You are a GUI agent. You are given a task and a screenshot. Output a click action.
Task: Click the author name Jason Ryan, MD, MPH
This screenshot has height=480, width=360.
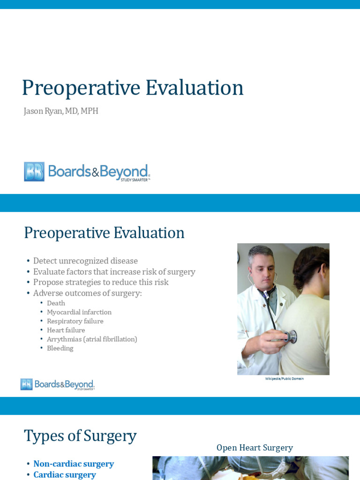coord(61,111)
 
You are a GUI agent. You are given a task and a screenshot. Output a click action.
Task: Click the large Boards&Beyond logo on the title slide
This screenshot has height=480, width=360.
coord(87,172)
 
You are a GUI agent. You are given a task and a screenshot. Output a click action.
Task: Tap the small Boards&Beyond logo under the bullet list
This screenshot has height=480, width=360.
coord(57,384)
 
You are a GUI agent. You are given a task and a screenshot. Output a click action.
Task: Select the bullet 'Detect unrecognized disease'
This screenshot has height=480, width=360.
coord(85,261)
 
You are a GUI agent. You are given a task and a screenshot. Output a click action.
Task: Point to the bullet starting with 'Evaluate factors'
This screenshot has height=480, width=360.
coord(114,271)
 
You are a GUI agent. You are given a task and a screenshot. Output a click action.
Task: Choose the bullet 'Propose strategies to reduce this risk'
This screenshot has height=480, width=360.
coord(100,282)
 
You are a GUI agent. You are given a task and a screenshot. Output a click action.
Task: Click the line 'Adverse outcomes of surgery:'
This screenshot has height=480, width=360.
coord(87,293)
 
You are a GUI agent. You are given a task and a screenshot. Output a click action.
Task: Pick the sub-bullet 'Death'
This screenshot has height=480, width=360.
coord(56,303)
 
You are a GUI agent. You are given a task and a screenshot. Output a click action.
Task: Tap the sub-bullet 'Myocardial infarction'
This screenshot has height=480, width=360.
coord(79,312)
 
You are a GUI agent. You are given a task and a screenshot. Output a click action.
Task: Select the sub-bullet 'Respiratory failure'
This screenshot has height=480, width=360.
coord(75,321)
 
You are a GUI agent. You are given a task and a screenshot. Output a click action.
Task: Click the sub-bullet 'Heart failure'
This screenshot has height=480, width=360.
coord(66,330)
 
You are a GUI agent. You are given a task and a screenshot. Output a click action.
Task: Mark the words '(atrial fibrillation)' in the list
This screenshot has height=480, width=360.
coord(110,339)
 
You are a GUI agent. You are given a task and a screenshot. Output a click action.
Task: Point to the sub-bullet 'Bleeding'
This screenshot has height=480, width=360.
coord(60,348)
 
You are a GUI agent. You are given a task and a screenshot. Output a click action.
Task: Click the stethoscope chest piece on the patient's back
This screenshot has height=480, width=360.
coord(291,336)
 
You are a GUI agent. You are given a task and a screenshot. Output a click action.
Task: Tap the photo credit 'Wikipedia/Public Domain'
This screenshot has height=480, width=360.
coord(284,379)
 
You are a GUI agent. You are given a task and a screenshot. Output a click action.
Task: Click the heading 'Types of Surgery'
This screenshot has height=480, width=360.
coord(80,435)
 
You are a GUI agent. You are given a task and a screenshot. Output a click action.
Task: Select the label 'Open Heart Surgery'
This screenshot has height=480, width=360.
coord(255,448)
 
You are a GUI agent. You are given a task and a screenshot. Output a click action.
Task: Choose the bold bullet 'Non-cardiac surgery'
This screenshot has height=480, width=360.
coord(74,464)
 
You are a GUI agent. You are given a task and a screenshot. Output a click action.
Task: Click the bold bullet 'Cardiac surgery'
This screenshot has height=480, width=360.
coord(65,474)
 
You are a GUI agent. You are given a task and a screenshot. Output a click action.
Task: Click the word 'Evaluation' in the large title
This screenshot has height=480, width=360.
coord(194,88)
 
